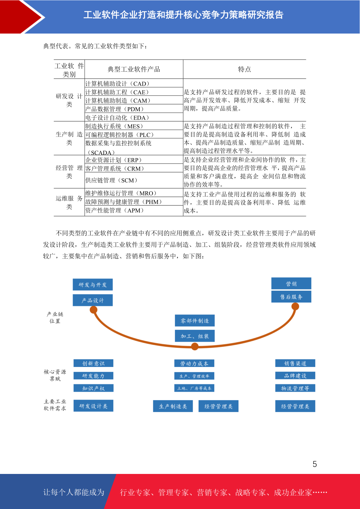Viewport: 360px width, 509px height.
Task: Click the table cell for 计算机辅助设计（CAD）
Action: click(134, 83)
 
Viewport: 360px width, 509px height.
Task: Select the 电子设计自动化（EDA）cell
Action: click(134, 117)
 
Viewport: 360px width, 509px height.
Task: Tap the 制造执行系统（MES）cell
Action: click(134, 126)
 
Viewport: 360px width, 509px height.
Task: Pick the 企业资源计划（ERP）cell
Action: click(134, 160)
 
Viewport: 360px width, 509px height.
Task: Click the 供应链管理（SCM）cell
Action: click(134, 180)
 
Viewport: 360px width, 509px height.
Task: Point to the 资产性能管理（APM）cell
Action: click(134, 210)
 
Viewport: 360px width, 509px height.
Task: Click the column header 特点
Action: click(245, 69)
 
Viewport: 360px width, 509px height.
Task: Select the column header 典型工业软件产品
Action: click(134, 69)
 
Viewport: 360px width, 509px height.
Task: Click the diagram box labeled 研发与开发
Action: click(93, 284)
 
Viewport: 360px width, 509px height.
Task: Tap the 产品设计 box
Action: click(93, 300)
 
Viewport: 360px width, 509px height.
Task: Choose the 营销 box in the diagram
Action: click(291, 283)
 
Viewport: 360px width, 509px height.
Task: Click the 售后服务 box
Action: click(291, 297)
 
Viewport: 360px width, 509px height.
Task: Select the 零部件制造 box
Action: click(195, 321)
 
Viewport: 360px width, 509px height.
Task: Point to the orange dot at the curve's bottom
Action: click(195, 346)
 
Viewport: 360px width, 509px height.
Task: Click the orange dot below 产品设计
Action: click(94, 310)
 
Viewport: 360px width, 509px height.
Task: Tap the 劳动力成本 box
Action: click(194, 363)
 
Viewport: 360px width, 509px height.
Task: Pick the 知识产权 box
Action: click(93, 388)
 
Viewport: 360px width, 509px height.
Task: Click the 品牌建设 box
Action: click(295, 376)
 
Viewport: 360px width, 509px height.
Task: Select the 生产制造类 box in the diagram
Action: click(173, 406)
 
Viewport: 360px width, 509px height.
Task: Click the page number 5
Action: click(315, 464)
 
